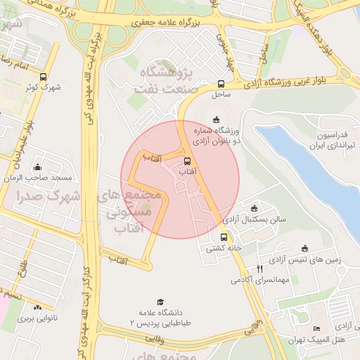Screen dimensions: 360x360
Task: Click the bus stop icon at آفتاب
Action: (x=186, y=161)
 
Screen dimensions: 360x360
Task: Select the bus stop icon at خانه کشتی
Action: (x=224, y=237)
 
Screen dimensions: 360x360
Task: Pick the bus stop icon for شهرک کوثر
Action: (x=44, y=77)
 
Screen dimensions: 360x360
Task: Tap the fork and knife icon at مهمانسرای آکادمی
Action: (x=259, y=269)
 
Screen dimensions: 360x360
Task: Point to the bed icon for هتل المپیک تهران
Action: (x=316, y=329)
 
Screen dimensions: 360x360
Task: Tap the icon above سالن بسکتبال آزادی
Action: (x=254, y=208)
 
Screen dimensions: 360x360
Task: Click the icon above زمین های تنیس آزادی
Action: (x=304, y=248)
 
